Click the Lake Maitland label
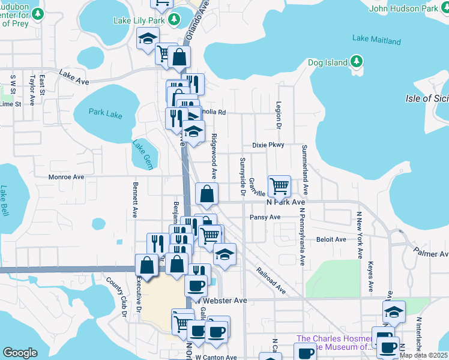pos(376,40)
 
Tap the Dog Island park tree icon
pos(356,62)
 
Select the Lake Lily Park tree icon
pos(175,20)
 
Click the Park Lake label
pos(105,112)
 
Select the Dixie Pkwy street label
pos(267,145)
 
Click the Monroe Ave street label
pos(67,177)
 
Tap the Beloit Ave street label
pos(332,239)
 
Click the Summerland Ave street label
pos(305,169)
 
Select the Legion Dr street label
pos(279,115)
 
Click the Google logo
pos(20,352)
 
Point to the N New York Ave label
pos(360,235)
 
